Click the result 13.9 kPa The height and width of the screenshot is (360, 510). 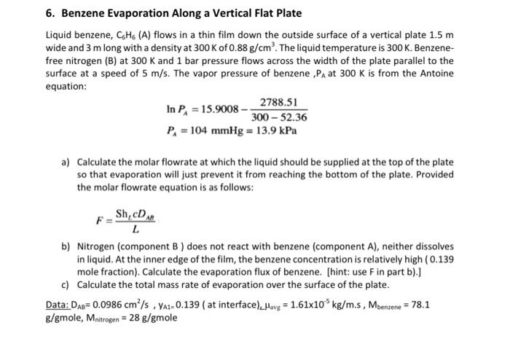click(280, 132)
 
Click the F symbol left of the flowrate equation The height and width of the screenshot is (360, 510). click(99, 219)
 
